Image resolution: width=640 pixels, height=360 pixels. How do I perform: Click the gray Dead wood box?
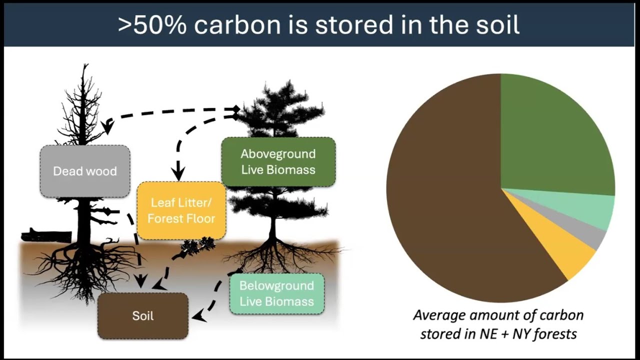[x=85, y=171]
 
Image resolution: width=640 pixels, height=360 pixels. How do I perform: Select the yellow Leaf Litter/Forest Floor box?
[x=181, y=210]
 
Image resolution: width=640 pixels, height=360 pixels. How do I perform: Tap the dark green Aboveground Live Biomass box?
[x=278, y=161]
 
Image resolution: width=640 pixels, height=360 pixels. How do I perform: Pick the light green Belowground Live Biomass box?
[x=276, y=293]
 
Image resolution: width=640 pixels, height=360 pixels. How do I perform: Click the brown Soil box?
[x=143, y=316]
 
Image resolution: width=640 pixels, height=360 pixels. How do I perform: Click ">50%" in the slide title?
[x=153, y=25]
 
